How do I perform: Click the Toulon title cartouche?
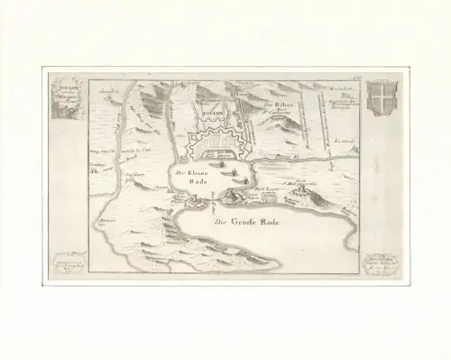64,97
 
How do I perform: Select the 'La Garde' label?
342,140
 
